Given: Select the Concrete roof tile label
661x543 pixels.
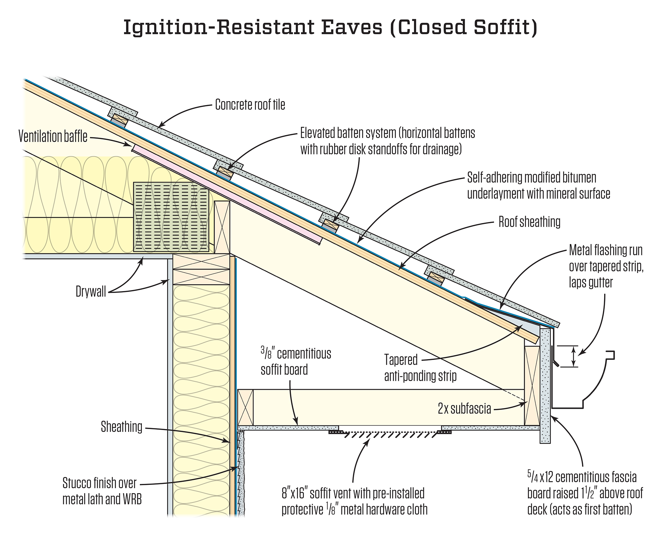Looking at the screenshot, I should coord(250,105).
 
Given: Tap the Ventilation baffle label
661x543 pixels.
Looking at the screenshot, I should coord(53,136).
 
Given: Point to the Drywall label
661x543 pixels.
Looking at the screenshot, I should coord(91,292).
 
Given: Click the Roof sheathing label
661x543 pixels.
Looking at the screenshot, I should coord(529,222).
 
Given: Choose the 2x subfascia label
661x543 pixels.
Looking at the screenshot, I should coord(464,409).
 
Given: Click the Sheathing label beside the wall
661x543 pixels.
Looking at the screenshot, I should coord(121,427).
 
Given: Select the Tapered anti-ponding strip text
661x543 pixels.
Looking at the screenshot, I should coord(420,368).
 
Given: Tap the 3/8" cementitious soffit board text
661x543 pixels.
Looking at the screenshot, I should coord(295,362).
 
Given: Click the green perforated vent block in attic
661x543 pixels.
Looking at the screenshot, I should coord(171,217).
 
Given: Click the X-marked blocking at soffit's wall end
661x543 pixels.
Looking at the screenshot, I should coord(245,407).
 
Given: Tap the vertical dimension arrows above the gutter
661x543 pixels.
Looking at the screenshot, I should coord(574,356).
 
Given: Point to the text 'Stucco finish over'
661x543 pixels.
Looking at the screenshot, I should coord(99,483).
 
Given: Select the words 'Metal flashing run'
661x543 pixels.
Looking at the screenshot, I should coord(605,251).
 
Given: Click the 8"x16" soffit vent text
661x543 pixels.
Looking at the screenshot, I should coord(353,493).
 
